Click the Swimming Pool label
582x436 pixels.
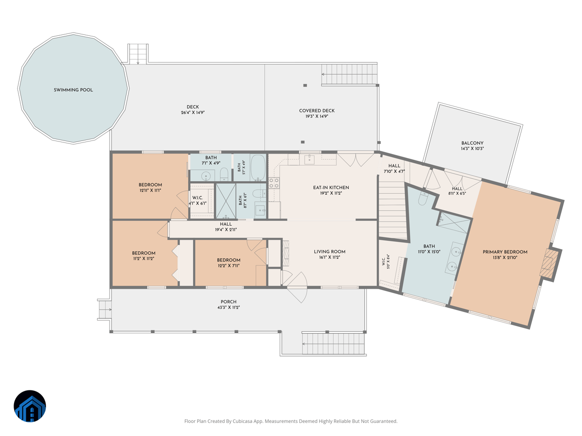[x=73, y=90]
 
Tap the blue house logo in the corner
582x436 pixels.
[x=30, y=406]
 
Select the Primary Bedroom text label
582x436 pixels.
[x=505, y=252]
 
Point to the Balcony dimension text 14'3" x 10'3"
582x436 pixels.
[x=472, y=149]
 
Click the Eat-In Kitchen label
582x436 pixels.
[x=331, y=187]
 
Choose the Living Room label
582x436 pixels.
[x=330, y=252]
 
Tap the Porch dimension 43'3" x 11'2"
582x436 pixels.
[x=228, y=308]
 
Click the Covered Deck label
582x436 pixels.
[x=317, y=110]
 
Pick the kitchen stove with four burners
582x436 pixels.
[x=274, y=183]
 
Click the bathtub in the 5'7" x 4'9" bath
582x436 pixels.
[x=258, y=168]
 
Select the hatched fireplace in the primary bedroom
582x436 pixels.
[x=550, y=263]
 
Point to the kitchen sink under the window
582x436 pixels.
[x=309, y=160]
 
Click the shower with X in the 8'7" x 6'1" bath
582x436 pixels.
[x=226, y=201]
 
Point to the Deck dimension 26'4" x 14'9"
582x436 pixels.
[x=193, y=112]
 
